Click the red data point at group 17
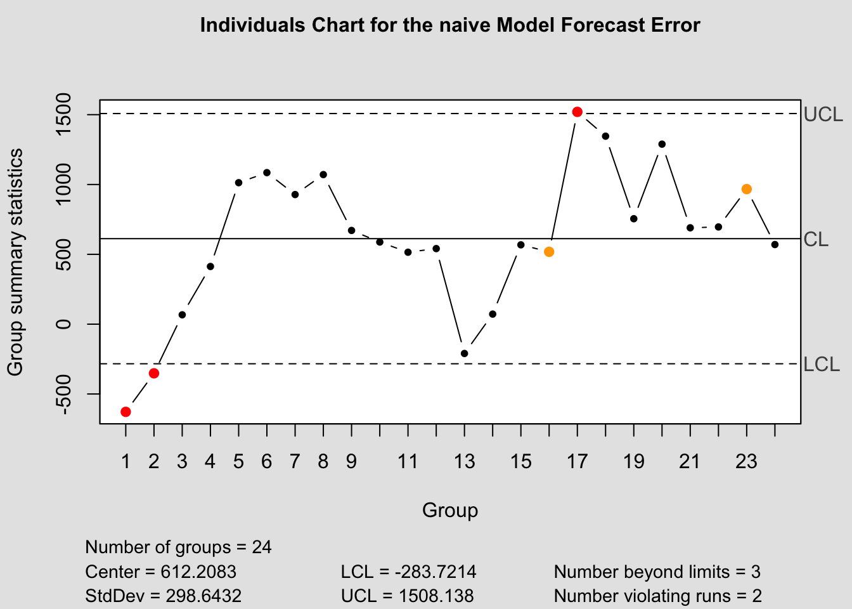[577, 112]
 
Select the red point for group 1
[126, 412]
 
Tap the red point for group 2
[154, 373]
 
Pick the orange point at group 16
[549, 252]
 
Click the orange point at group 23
[747, 189]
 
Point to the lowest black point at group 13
[464, 353]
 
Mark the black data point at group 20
[662, 144]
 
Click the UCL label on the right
[823, 115]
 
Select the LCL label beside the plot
[822, 365]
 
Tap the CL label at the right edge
[816, 240]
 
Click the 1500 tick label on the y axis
[63, 115]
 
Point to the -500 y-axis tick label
[63, 394]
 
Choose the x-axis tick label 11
[408, 461]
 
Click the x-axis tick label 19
[633, 461]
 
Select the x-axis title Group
[450, 511]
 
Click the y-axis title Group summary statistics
[15, 261]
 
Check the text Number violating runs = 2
[657, 596]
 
